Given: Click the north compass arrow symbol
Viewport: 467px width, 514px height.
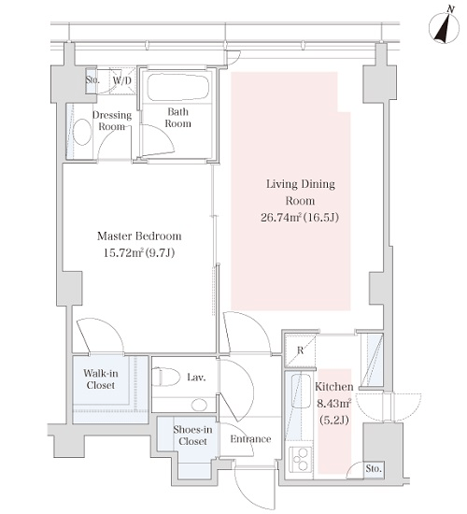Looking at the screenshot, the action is (x=444, y=27).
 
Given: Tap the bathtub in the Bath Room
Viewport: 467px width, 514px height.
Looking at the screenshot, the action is (x=178, y=88).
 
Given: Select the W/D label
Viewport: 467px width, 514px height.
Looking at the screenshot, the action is (x=122, y=80).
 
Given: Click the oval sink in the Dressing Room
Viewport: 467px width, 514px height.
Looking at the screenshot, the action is (x=82, y=132).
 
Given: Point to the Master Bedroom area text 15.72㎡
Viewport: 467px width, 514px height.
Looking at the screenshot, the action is (x=123, y=252).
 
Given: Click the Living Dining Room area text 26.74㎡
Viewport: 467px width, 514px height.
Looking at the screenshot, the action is (x=280, y=217).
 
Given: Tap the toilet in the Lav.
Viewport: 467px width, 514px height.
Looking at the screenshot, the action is (x=169, y=377).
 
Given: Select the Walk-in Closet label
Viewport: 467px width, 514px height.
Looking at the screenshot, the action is (x=101, y=378).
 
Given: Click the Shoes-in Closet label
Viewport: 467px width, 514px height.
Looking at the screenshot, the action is (x=192, y=435).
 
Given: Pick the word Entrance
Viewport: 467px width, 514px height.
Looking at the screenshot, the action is (x=250, y=439).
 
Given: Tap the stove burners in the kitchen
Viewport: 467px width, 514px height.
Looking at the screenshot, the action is (x=300, y=459).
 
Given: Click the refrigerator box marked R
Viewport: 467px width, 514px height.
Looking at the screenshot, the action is (x=300, y=350).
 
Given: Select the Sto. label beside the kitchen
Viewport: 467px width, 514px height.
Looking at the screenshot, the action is (x=374, y=468).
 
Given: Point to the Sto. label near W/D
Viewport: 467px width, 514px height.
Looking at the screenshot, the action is (x=92, y=80).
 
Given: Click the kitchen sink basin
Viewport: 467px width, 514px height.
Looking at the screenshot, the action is (x=301, y=391).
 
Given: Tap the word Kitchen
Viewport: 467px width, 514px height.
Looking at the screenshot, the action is (x=334, y=387).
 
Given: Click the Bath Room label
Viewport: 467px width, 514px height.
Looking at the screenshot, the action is (x=178, y=118).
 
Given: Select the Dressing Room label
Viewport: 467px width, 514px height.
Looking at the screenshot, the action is (x=112, y=121).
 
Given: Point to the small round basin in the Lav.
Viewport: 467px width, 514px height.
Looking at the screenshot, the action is (x=199, y=405).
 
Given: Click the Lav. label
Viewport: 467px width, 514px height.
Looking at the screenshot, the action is (x=196, y=378).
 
